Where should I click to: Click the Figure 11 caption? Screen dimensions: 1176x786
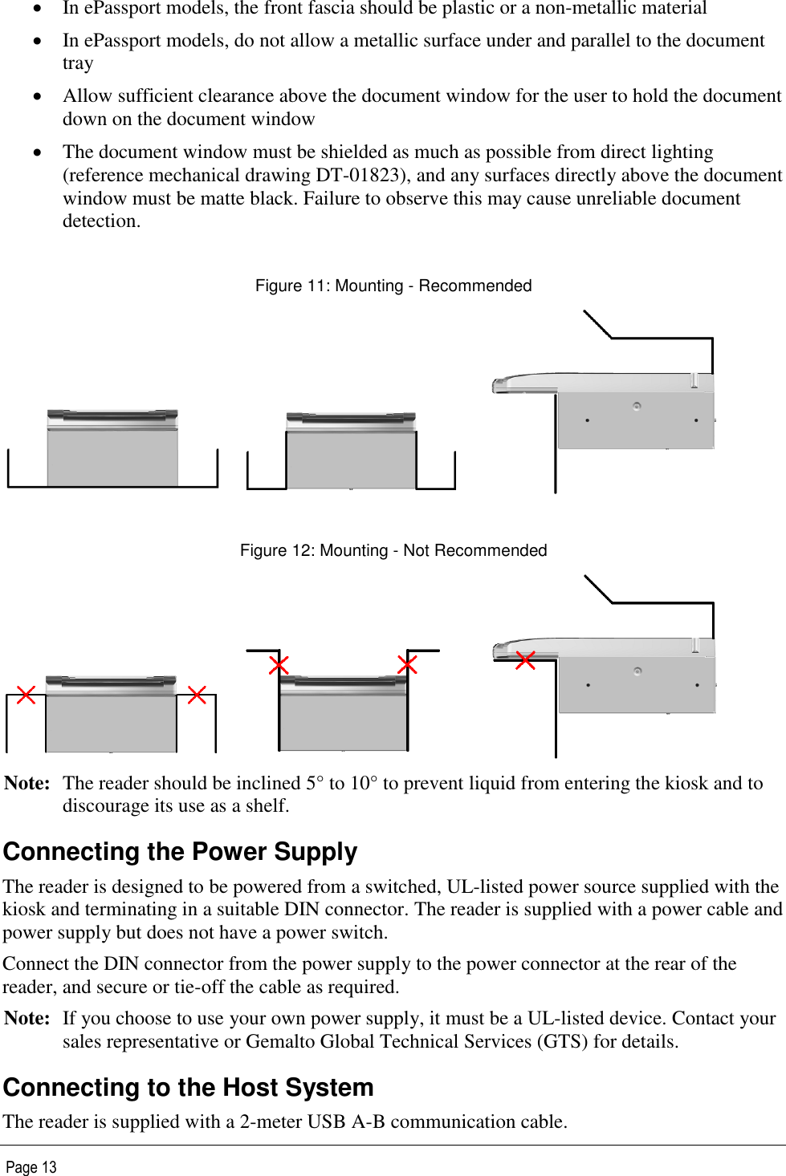393,286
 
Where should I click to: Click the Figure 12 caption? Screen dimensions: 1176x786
393,551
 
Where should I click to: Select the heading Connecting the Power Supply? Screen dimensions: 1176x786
180,852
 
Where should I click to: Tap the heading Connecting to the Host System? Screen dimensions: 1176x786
189,1088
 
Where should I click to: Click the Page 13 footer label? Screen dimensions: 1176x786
31,1167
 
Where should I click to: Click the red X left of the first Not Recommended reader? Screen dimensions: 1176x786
26,695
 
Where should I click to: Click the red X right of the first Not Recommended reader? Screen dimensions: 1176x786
197,695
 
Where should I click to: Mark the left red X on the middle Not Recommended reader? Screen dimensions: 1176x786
279,665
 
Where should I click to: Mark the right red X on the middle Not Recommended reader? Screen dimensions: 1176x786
407,664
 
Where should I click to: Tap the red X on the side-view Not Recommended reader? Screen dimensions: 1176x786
525,660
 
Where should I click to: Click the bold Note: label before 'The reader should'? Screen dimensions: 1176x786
27,784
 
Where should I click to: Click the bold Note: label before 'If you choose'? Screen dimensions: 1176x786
27,1019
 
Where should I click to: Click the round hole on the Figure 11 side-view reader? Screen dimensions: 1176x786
637,406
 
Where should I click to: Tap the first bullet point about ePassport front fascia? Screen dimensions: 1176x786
385,9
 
